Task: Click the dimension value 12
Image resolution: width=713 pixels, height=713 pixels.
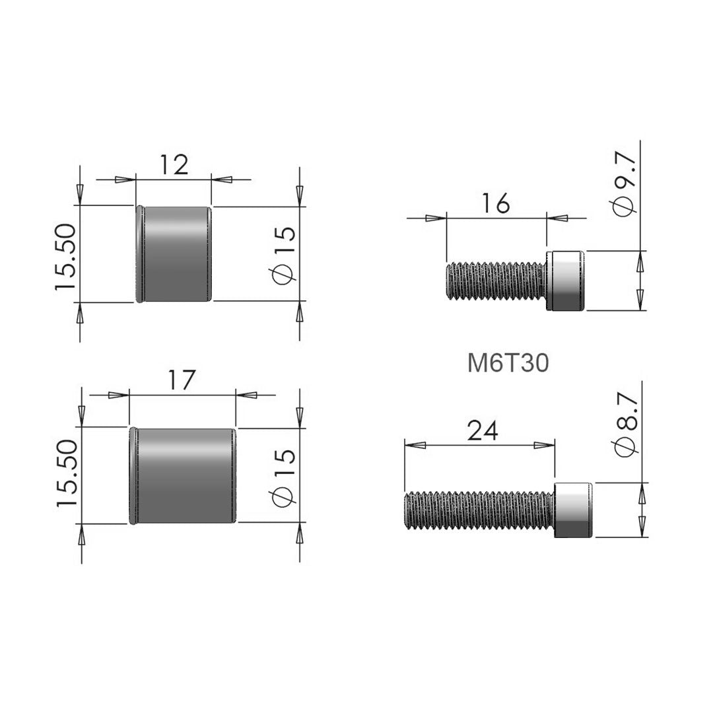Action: click(174, 165)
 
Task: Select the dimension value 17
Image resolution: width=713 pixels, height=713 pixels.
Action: click(182, 380)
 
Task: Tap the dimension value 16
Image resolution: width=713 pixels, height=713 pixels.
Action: click(496, 203)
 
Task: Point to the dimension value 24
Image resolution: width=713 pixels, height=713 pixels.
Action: click(483, 430)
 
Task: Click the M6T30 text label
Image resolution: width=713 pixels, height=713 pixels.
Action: click(508, 363)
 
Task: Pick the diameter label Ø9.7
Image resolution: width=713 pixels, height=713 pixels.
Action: click(624, 182)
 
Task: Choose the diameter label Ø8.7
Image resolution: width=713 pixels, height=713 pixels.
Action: click(625, 424)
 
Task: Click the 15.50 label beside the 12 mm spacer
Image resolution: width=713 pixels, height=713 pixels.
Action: click(65, 256)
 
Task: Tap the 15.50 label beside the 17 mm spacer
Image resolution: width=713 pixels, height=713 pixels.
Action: click(67, 473)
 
